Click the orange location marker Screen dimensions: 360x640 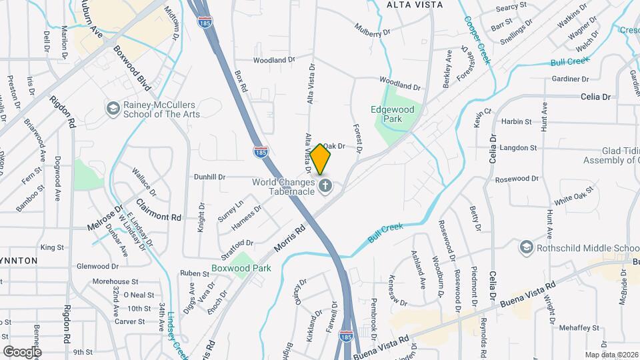(x=321, y=159)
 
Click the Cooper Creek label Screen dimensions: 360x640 (x=478, y=39)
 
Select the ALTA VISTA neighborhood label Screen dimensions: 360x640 (x=415, y=5)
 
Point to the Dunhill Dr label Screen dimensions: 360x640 (x=209, y=177)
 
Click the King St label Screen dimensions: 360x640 (x=51, y=247)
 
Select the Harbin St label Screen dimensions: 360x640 (x=516, y=122)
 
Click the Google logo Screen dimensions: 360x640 (x=22, y=351)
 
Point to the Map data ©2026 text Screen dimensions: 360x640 (x=611, y=355)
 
